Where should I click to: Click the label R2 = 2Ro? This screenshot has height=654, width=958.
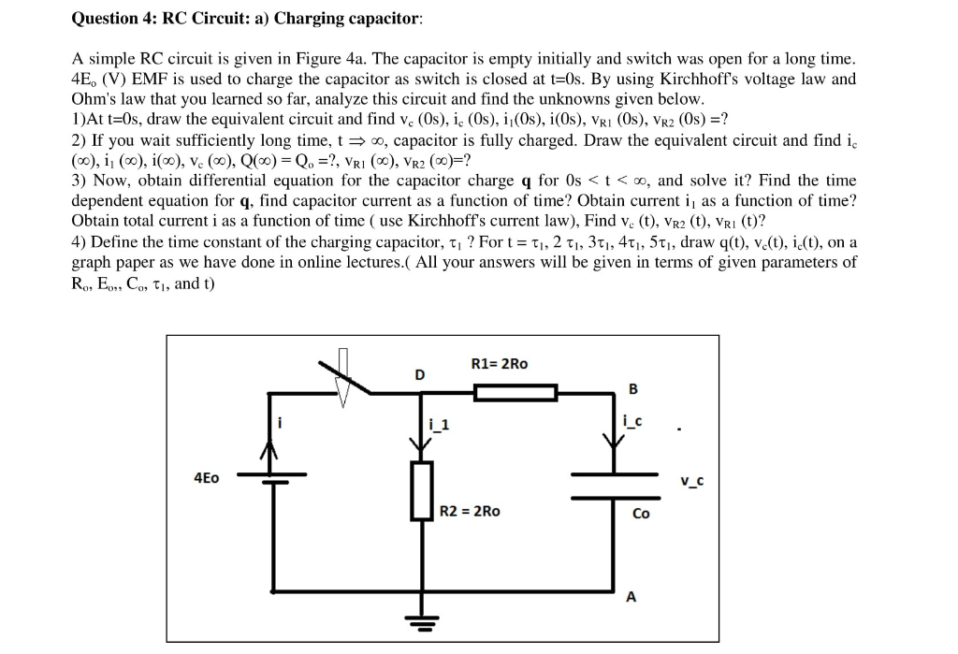(x=470, y=511)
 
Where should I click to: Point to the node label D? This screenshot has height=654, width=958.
(x=420, y=374)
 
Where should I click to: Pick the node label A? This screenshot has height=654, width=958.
(x=631, y=597)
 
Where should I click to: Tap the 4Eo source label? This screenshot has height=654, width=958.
(x=206, y=477)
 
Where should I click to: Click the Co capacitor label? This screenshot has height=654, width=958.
(x=641, y=514)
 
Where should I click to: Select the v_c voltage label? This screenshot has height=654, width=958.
(x=692, y=482)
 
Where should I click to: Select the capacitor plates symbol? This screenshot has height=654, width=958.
(x=615, y=486)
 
